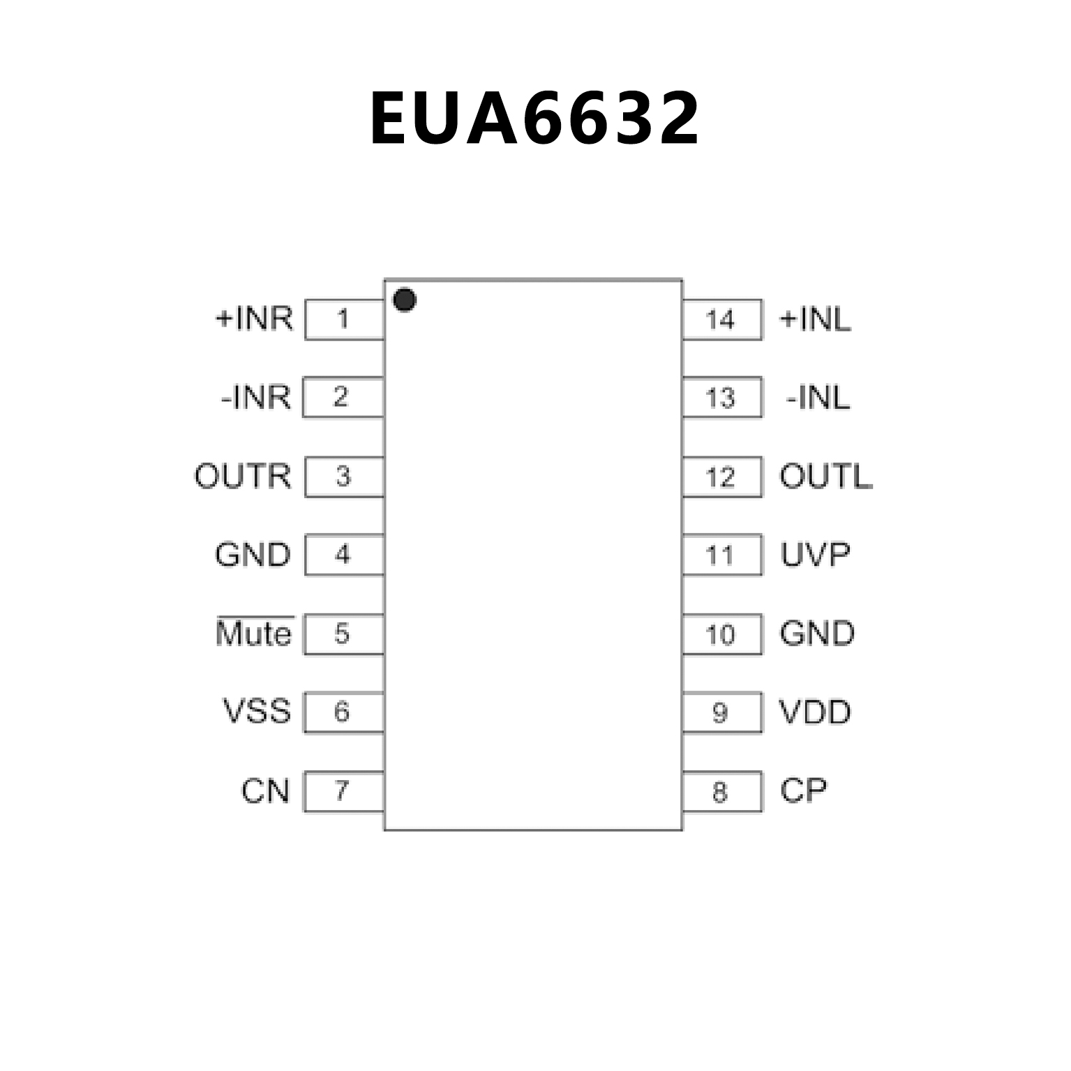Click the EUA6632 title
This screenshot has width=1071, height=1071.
click(x=534, y=119)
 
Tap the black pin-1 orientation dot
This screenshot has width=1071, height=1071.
click(x=405, y=300)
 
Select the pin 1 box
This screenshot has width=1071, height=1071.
click(x=345, y=320)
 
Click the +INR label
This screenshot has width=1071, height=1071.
click(x=254, y=318)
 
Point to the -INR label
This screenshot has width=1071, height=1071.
click(x=255, y=397)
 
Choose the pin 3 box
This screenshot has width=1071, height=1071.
click(x=345, y=477)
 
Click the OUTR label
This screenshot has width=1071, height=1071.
click(x=242, y=476)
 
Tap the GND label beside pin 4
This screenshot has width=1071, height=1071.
click(x=253, y=555)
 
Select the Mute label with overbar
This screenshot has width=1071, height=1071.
click(x=254, y=633)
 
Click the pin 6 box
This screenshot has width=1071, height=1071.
click(x=343, y=712)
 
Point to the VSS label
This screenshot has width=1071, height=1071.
click(x=256, y=712)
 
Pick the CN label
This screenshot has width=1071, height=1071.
click(x=265, y=791)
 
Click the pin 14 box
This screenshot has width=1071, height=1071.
click(x=721, y=320)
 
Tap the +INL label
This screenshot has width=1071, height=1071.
click(x=815, y=320)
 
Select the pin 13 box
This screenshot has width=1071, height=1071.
click(x=721, y=398)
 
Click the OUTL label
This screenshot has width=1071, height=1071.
click(x=825, y=477)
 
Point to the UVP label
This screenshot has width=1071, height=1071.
click(x=815, y=555)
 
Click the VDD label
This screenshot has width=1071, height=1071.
click(x=815, y=712)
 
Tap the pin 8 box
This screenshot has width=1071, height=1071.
click(x=721, y=792)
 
